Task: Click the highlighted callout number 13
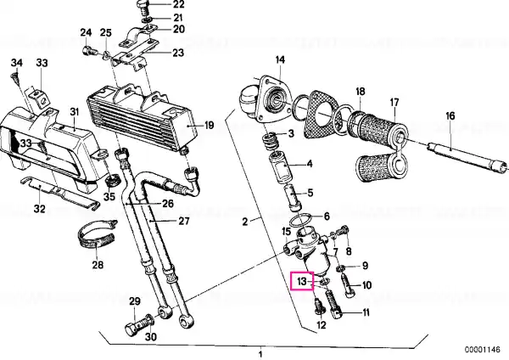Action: tap(302, 281)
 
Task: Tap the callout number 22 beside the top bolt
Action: tap(178, 4)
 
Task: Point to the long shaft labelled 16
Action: tap(467, 155)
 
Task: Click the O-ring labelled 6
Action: tap(301, 221)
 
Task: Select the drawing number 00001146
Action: tap(483, 350)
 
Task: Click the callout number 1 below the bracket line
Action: tap(260, 354)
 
